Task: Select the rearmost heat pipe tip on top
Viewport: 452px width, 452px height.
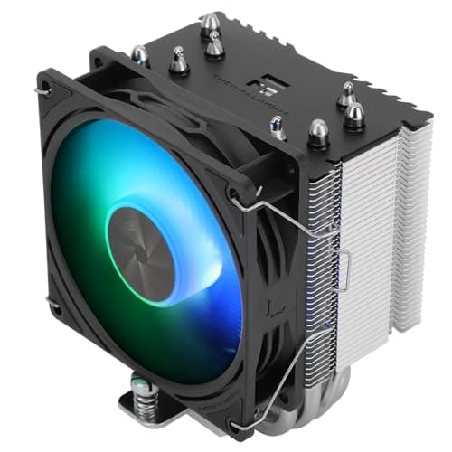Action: pyautogui.click(x=211, y=22)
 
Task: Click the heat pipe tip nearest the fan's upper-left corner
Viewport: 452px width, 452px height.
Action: pyautogui.click(x=140, y=55)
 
